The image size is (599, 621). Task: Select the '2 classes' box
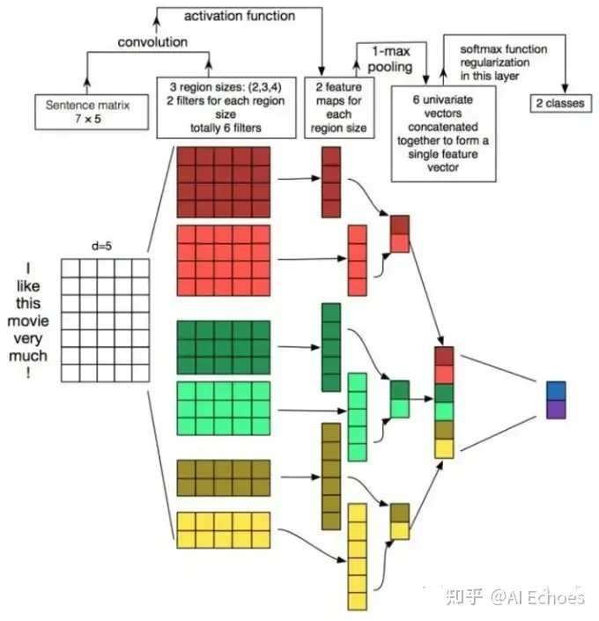click(561, 104)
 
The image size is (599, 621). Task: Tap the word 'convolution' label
click(154, 41)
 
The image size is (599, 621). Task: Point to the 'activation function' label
click(240, 15)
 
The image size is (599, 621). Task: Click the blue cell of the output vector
click(556, 390)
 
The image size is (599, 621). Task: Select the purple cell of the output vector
click(556, 409)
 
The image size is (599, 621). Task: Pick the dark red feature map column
click(330, 181)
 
